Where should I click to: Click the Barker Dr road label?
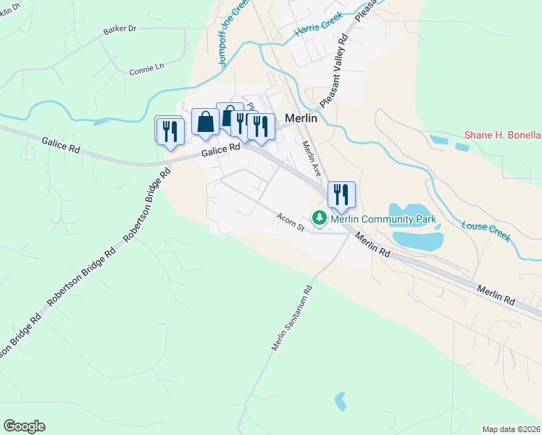[120, 29]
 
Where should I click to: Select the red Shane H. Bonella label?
[502, 136]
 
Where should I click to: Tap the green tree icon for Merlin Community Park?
[319, 217]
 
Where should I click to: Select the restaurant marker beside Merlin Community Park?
[342, 195]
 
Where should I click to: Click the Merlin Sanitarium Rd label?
[293, 318]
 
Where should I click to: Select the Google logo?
[24, 426]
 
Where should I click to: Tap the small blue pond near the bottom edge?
[341, 401]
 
